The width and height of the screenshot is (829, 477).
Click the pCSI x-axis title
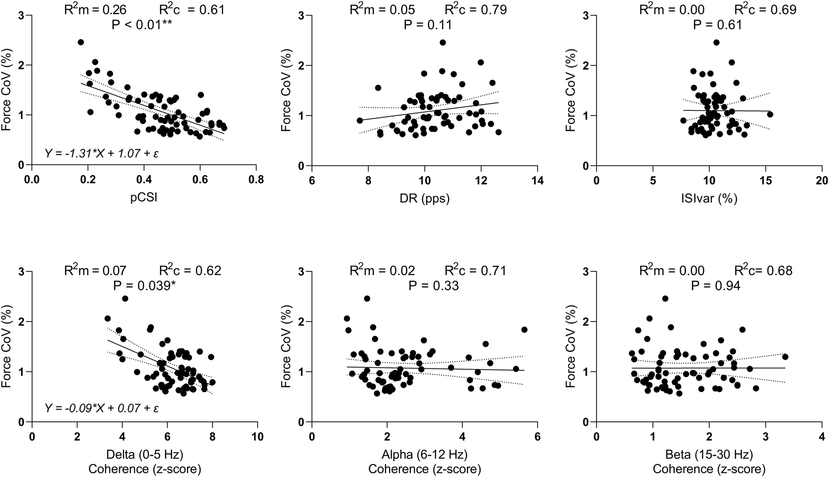pos(144,198)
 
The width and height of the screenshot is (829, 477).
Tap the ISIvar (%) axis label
pos(710,198)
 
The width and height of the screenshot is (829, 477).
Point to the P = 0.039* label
pos(145,285)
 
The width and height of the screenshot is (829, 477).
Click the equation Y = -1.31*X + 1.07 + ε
pos(102,153)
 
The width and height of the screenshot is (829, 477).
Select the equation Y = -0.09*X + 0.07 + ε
pos(102,408)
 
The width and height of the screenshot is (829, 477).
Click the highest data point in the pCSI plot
pos(80,42)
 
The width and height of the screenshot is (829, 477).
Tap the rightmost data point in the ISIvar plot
pos(770,114)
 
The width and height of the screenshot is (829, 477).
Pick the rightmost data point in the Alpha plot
pos(524,330)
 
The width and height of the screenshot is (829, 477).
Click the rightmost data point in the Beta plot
pos(785,357)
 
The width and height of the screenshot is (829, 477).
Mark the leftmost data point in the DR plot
pos(360,120)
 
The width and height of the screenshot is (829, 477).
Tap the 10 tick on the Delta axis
pos(257,437)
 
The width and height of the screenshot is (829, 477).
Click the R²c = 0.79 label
pos(475,9)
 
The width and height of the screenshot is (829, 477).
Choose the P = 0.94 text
pos(716,285)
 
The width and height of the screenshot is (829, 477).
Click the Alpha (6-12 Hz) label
pos(424,454)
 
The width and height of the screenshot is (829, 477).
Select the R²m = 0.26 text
pos(95,9)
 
